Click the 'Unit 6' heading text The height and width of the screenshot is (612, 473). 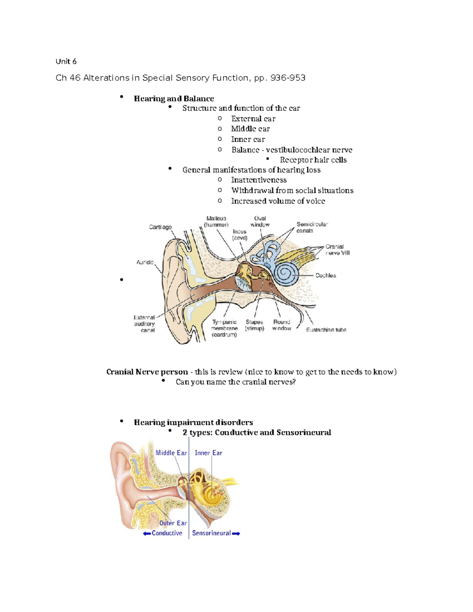tap(66, 61)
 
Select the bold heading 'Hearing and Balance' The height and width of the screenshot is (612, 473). tap(174, 99)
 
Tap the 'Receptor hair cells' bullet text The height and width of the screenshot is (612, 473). tap(313, 160)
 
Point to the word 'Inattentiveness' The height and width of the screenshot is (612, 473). tap(259, 180)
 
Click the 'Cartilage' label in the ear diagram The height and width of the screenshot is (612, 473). tap(160, 227)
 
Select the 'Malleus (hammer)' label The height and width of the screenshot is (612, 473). tap(216, 221)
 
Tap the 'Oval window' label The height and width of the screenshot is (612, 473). tap(260, 221)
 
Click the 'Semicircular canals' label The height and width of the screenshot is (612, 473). tap(312, 227)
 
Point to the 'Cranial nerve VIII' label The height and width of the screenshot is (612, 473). tap(337, 250)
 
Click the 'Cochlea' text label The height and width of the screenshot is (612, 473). tap(326, 275)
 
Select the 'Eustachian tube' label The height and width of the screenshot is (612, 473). tap(326, 330)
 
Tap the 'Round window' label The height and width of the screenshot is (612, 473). tap(281, 325)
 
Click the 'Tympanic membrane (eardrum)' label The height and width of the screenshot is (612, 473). tap(224, 328)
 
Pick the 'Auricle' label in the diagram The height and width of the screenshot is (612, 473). tap(145, 262)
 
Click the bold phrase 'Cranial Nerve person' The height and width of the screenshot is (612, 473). tap(147, 372)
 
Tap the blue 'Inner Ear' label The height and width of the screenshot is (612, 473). tap(208, 453)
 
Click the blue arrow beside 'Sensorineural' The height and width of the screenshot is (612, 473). tap(236, 534)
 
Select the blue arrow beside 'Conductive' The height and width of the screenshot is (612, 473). tap(147, 534)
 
